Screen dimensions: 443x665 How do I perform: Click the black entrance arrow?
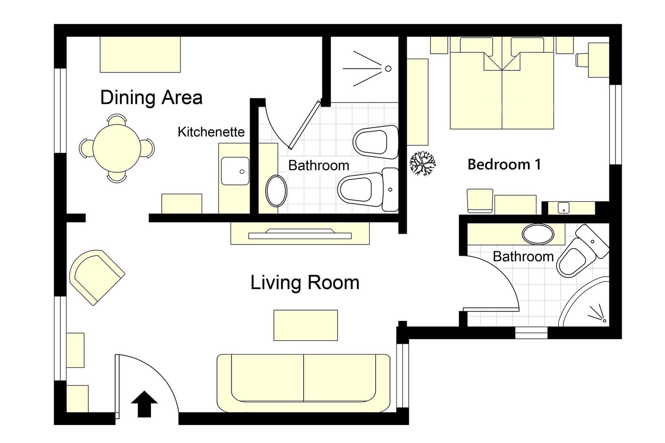coord(144,404)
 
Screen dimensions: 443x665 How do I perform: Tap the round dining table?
coord(117,148)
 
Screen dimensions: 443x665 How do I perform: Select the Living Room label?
coord(305,283)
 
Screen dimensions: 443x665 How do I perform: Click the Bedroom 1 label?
coord(504,164)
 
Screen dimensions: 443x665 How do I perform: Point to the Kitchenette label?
coord(211,132)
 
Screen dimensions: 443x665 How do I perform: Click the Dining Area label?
coord(151,98)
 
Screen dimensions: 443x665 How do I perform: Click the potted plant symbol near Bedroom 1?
coord(422,163)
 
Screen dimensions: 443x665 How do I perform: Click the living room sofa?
coord(303,383)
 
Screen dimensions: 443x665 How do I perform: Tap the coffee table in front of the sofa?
coord(305,325)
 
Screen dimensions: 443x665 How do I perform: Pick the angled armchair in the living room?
coord(96,276)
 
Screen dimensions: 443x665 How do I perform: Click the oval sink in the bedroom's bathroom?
coord(538,234)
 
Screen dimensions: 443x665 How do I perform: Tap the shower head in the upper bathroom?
coord(388,69)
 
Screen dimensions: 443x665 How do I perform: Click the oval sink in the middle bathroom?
coord(276,191)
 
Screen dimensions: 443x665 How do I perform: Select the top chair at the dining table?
coord(117,120)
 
